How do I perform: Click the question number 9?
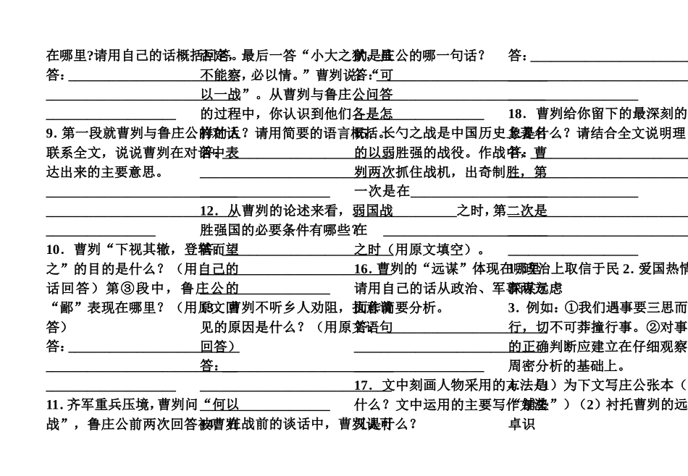tap(50, 133)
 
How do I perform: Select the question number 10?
tap(54, 250)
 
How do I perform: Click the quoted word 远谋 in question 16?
tap(435, 269)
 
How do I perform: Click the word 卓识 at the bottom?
tap(522, 424)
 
